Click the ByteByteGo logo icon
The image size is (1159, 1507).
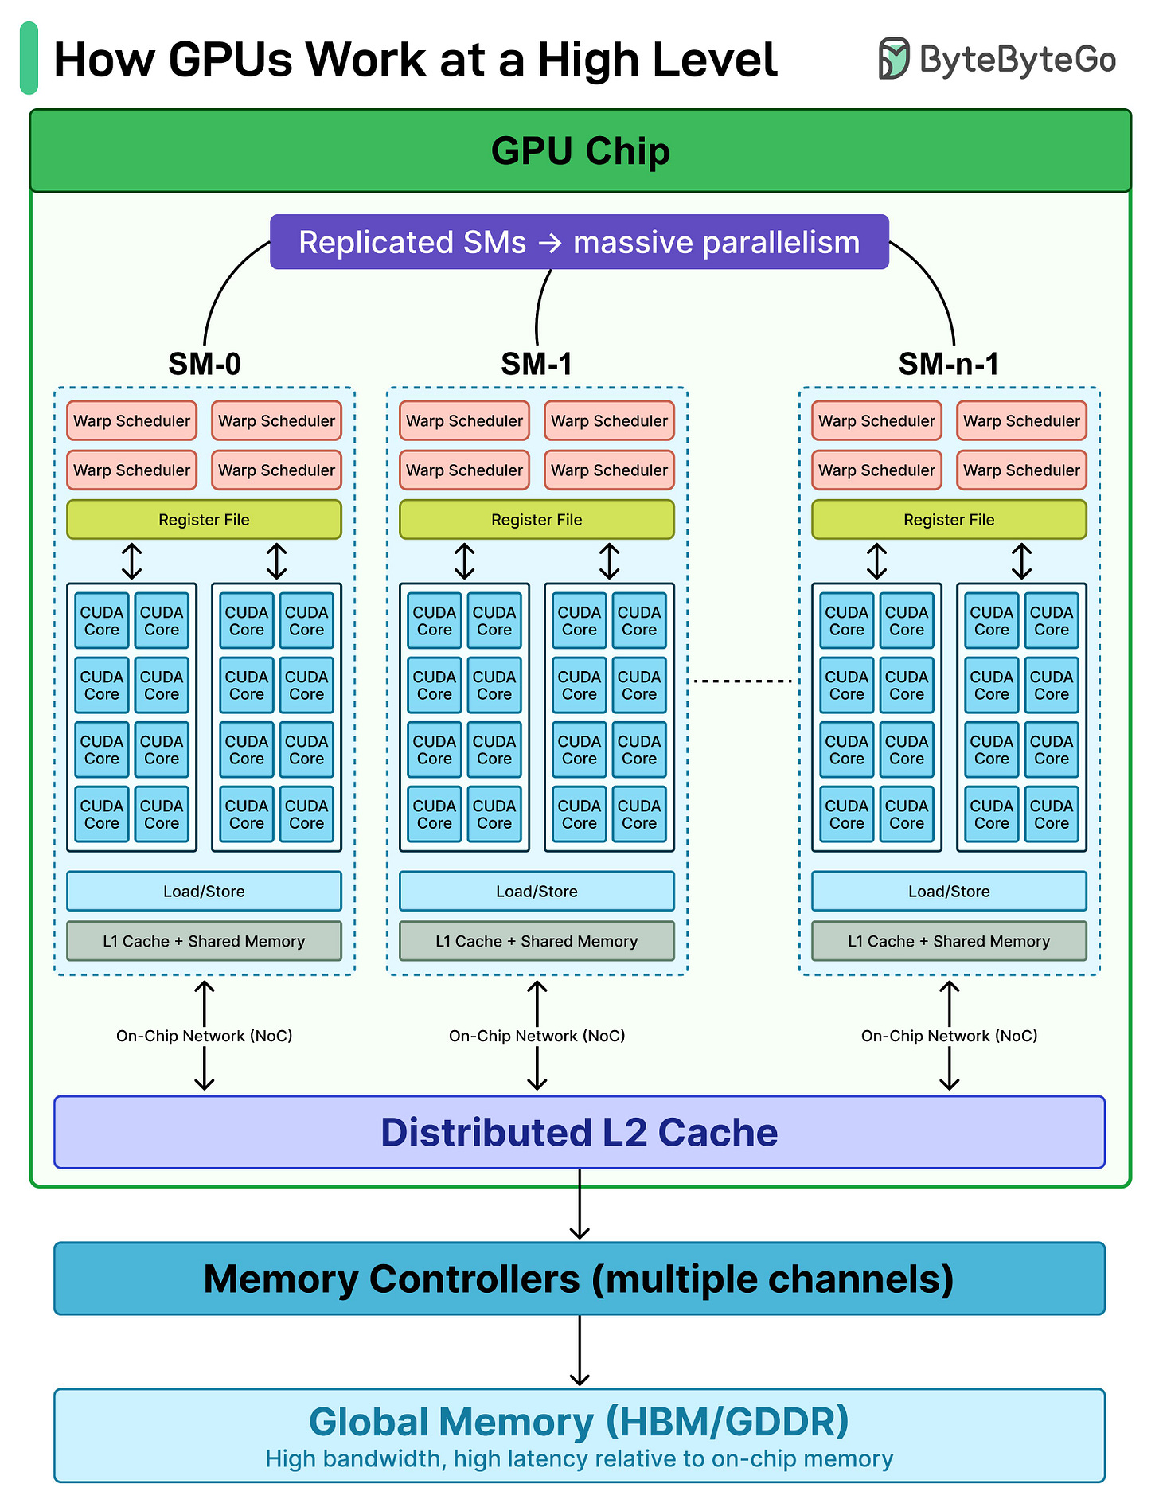893,58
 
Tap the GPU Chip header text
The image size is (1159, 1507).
580,151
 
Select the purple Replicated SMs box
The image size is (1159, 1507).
579,242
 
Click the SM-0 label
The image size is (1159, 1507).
205,364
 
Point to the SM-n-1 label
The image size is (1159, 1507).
948,364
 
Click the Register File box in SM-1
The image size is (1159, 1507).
537,520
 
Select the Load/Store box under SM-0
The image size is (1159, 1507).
204,892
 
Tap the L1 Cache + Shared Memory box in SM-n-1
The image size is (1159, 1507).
949,941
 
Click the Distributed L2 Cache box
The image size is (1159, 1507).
579,1132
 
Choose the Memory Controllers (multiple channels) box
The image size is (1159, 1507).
579,1279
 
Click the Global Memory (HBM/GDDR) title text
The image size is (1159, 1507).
579,1422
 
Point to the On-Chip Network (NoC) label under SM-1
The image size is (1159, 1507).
537,1036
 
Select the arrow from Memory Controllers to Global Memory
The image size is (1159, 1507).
579,1351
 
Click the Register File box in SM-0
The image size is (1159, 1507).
204,520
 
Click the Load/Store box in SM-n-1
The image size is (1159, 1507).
949,892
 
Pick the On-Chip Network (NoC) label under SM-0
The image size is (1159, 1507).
204,1036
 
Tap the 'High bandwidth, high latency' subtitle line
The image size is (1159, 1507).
579,1459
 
